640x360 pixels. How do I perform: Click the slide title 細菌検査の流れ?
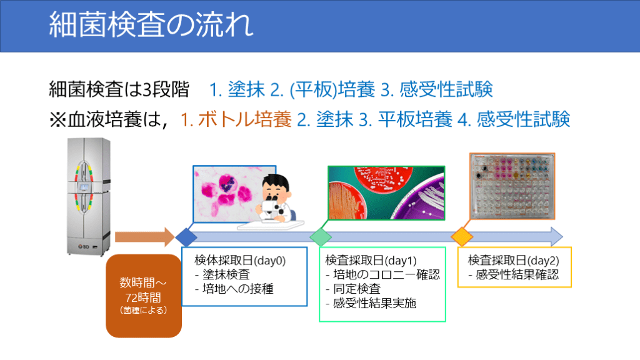coord(151,24)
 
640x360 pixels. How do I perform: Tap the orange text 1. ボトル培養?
coord(236,119)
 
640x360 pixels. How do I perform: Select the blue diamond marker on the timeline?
coord(186,237)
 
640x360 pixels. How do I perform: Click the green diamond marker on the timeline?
coord(321,237)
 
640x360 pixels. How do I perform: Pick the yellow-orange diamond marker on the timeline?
coord(462,237)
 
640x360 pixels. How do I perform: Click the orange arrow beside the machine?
coord(145,237)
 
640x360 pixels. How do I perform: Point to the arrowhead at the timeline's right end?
coord(557,237)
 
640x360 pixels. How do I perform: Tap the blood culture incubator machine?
coord(89,197)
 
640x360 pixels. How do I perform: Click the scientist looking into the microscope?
coord(273,200)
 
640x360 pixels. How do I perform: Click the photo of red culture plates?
coord(386,192)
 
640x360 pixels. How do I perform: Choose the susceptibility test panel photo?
coord(512,186)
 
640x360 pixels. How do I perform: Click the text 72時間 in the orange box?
coord(143,297)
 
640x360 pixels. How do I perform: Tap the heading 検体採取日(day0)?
coord(240,261)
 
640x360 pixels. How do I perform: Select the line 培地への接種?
coord(234,289)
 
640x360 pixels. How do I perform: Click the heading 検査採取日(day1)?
coord(371,261)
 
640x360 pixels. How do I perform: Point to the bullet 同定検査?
coord(353,289)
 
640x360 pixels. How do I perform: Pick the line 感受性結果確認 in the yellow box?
coord(514,275)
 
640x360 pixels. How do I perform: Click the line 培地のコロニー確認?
coord(383,275)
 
